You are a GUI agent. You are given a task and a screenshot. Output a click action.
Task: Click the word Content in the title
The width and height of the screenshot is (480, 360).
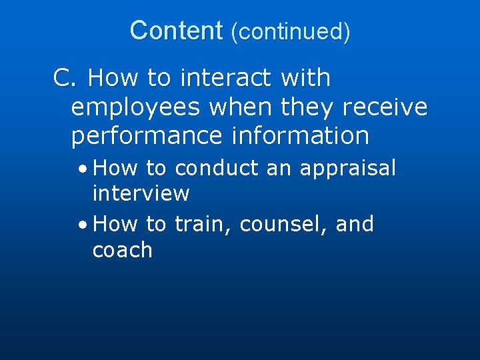176,31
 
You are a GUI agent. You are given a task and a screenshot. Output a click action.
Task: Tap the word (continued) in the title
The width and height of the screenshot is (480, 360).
290,31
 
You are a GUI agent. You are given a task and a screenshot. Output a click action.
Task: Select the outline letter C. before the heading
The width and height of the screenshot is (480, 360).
66,79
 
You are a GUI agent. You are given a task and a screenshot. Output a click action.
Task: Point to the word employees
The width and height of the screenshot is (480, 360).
136,107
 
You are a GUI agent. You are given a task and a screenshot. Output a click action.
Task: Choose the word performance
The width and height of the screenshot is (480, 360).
146,136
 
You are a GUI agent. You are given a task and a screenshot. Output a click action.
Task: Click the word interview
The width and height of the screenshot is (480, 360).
141,194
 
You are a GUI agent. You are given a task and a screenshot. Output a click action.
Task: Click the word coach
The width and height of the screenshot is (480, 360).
122,250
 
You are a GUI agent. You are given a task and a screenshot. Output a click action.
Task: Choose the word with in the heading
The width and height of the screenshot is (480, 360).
306,79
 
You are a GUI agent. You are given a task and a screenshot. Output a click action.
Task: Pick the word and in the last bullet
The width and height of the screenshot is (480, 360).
355,225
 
